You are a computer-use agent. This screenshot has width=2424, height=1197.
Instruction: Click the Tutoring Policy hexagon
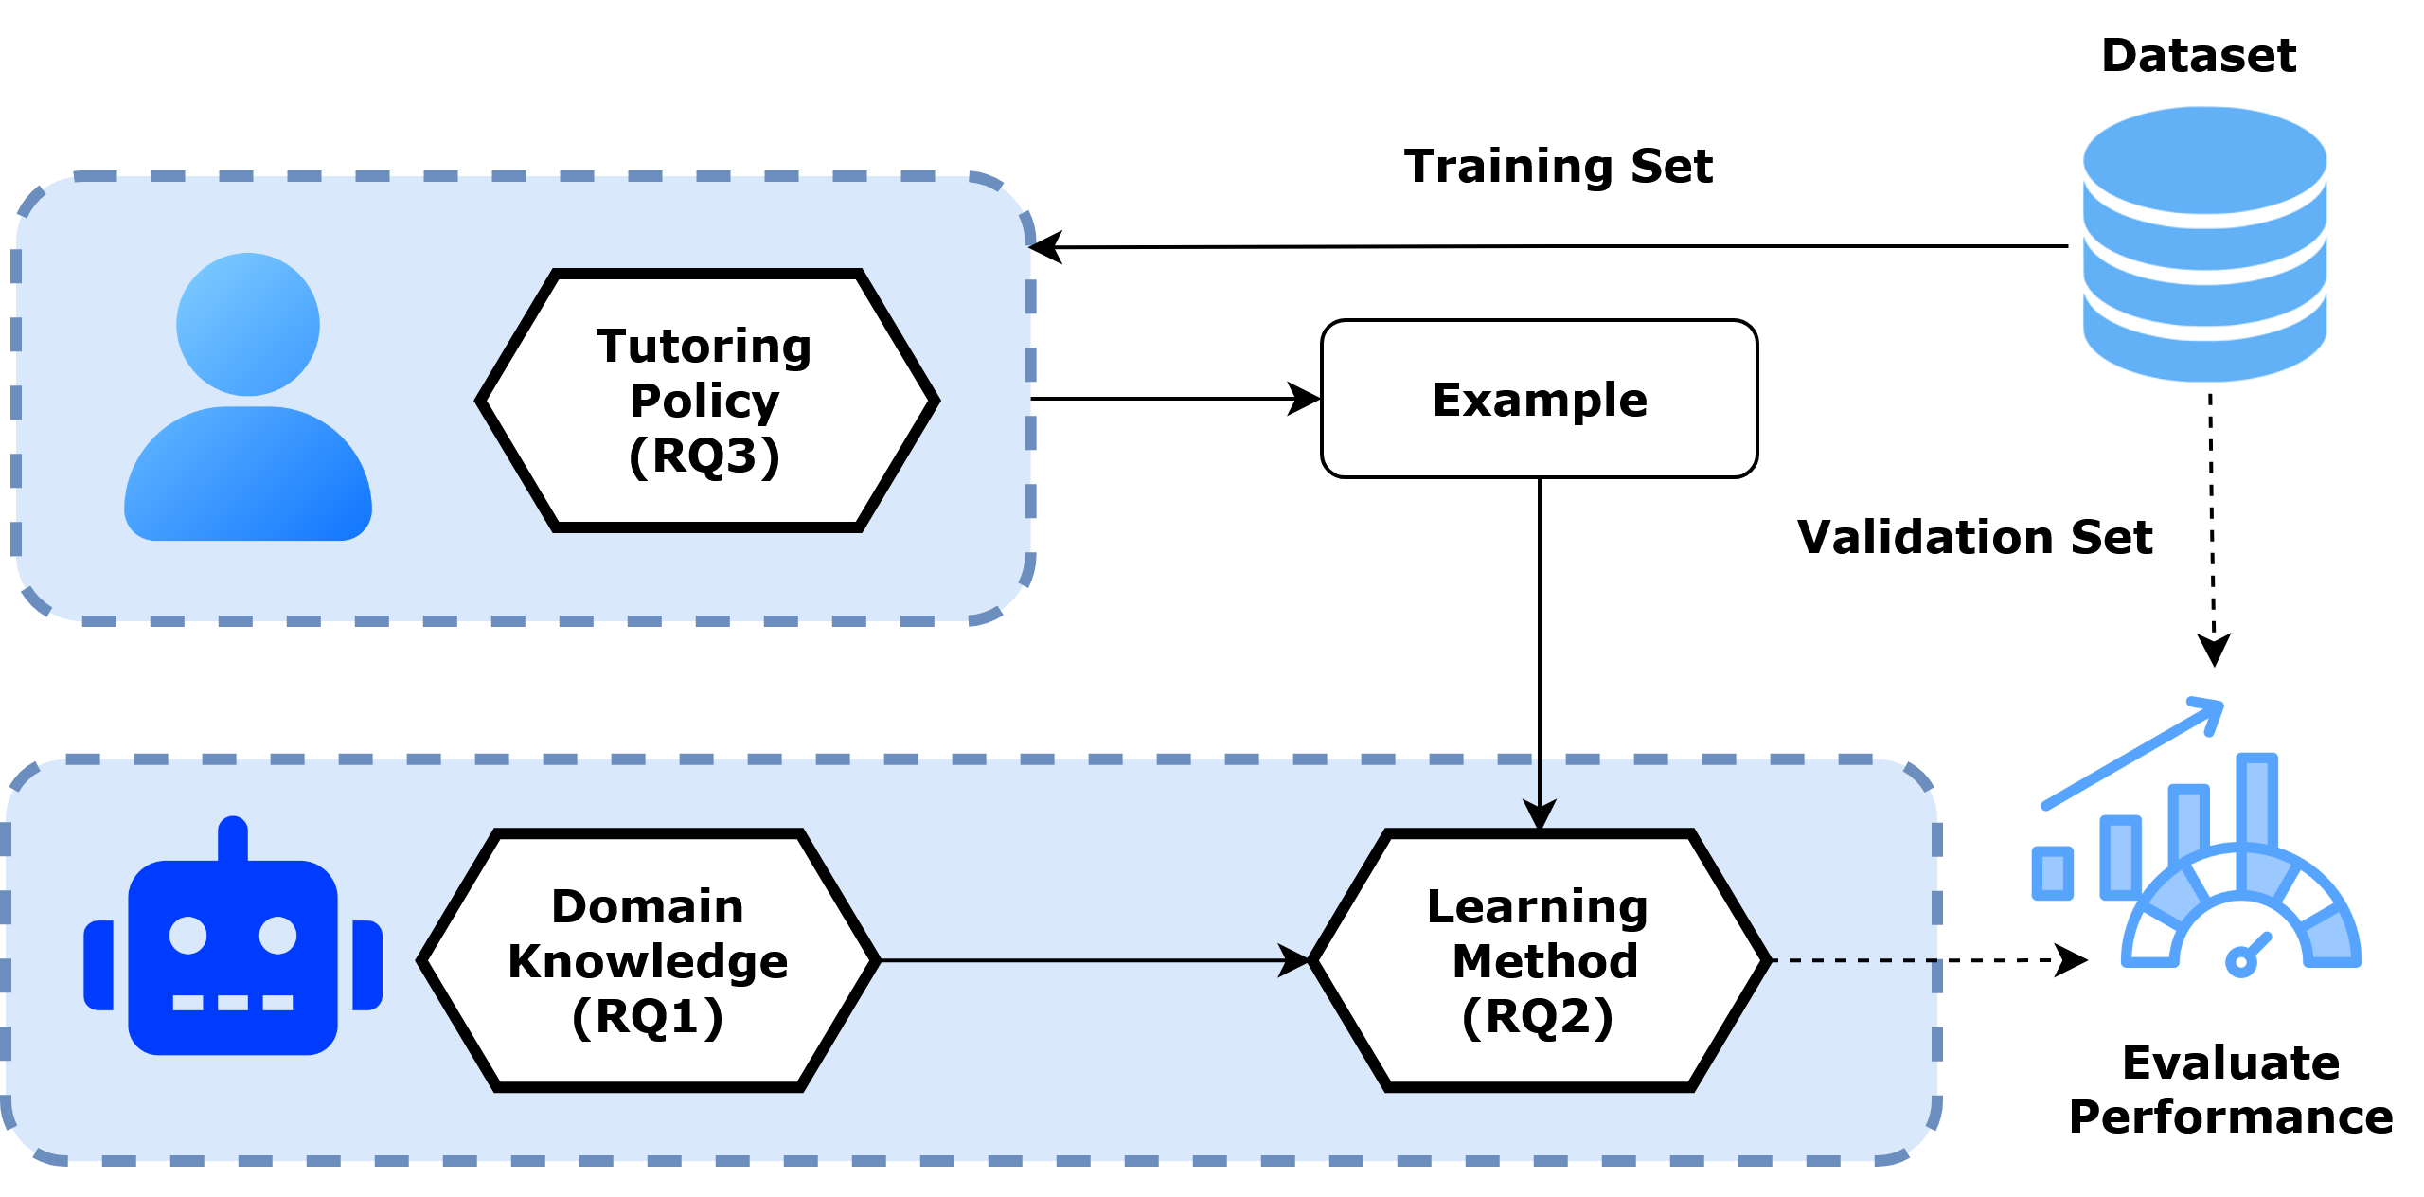[x=706, y=401]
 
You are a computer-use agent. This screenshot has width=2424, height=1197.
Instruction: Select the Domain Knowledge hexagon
[x=648, y=960]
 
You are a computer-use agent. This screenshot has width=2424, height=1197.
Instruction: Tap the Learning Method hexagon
[x=1540, y=960]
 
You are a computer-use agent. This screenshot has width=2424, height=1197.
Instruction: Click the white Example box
[x=1539, y=399]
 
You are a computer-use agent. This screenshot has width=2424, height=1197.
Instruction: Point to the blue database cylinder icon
[x=2204, y=244]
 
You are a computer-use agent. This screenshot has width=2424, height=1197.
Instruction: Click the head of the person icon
[x=248, y=324]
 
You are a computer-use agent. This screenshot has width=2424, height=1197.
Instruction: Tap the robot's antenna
[x=233, y=837]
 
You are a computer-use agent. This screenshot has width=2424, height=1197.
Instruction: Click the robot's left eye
[x=187, y=936]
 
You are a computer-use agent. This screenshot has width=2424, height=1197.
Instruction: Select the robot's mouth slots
[x=233, y=1002]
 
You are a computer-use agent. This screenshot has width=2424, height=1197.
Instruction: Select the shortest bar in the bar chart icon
[x=2053, y=873]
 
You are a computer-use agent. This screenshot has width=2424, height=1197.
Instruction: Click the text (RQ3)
[x=704, y=456]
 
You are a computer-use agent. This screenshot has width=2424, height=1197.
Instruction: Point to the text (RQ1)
[x=648, y=1018]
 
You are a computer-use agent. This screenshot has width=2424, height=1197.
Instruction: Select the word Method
[x=1545, y=961]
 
